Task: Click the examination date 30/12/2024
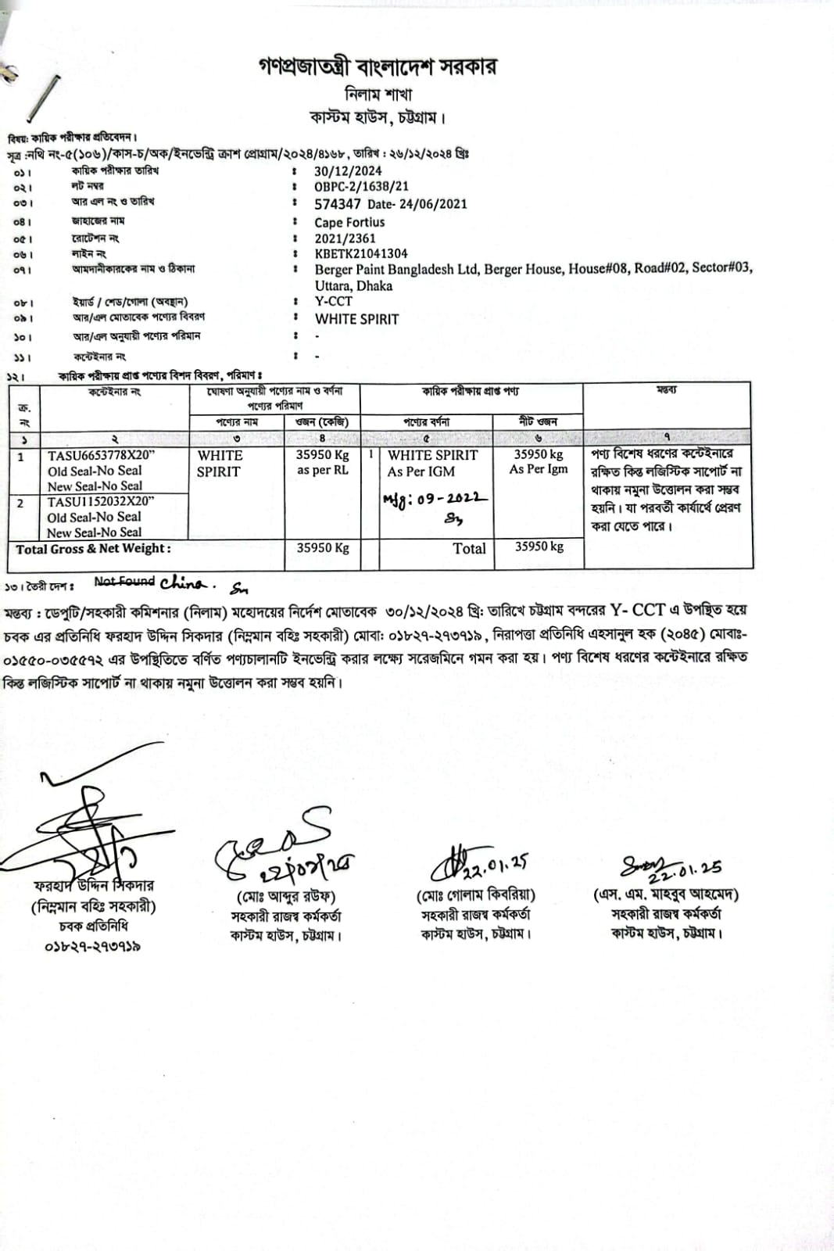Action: pos(348,171)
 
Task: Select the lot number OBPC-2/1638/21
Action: pos(361,187)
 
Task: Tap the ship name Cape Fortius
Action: pos(349,222)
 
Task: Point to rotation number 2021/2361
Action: pos(345,238)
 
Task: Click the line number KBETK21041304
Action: pos(361,253)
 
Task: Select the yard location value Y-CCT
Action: pos(334,301)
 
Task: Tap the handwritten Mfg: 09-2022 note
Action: pos(435,498)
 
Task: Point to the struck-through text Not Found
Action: pos(124,581)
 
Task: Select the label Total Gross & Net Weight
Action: pos(93,549)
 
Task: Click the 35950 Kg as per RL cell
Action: pos(322,462)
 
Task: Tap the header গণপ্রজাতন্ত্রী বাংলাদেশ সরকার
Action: pos(377,67)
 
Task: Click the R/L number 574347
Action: pos(338,204)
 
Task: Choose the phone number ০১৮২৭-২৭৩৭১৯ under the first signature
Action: pos(92,946)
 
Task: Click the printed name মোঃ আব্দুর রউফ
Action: pos(286,896)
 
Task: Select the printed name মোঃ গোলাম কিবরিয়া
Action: pos(475,894)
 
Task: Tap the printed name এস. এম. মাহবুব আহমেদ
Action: pos(666,894)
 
